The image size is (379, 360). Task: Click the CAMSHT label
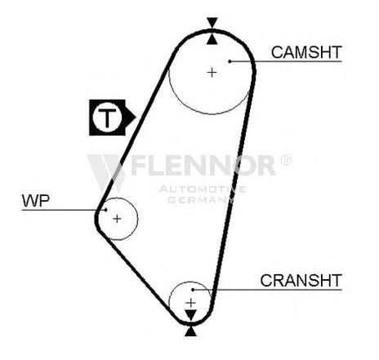point(306,52)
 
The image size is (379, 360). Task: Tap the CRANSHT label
point(301,280)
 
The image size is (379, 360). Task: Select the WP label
point(36,201)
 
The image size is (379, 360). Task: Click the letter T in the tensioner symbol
point(107,118)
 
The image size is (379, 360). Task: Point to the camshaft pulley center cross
point(212,73)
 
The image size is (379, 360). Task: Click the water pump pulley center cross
point(117,219)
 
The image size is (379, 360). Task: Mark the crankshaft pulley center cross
point(191,303)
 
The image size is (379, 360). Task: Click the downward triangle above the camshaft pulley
point(212,22)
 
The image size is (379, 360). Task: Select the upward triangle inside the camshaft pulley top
point(212,39)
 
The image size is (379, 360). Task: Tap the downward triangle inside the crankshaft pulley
point(191,314)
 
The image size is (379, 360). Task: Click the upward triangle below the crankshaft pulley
point(190,331)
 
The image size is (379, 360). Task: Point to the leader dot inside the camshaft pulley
point(230,61)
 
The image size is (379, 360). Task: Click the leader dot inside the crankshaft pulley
point(193,290)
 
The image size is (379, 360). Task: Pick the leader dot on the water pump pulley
point(105,210)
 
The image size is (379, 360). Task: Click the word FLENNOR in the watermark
point(203,165)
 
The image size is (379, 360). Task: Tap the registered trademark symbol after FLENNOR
point(286,161)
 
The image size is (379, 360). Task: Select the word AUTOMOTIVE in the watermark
point(203,189)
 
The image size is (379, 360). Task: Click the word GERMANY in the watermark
point(201,200)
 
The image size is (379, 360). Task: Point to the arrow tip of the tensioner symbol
point(136,118)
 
